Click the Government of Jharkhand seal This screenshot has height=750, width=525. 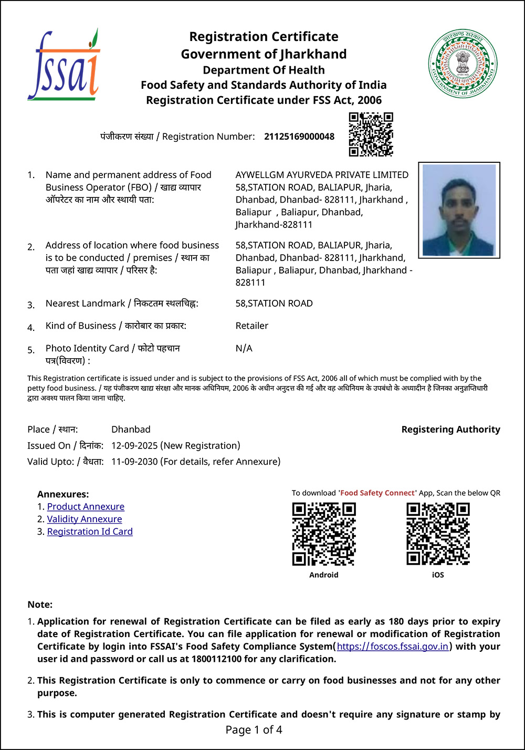coord(463,64)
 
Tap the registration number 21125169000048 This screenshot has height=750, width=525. coord(299,137)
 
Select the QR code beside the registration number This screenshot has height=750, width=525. coord(371,134)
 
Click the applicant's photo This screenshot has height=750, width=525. coord(459,210)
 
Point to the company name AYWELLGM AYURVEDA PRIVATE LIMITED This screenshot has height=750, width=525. coord(322,175)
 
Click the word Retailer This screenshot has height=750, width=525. coord(252,326)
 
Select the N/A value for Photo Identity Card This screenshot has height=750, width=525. coord(244,348)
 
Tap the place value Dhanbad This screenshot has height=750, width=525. coord(131,429)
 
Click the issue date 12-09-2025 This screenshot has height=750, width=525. coord(134,445)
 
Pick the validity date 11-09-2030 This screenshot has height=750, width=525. coord(134,462)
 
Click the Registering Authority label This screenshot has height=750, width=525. coord(450,429)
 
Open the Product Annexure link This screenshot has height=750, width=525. coord(86,506)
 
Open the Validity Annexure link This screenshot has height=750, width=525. coord(85,519)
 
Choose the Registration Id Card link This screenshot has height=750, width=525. coord(90,532)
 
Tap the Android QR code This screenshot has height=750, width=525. coord(324,534)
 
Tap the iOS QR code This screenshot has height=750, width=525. coord(438,534)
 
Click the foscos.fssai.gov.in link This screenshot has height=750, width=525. coord(393,647)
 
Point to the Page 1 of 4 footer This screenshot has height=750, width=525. coord(254,730)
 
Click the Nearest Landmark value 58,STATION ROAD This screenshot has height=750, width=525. coord(274,303)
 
